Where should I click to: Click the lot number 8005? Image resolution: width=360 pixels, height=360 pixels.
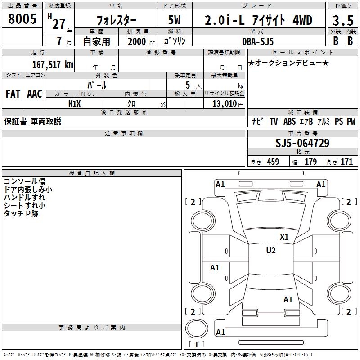point(22,19)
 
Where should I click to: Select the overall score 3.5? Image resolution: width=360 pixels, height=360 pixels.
point(342,21)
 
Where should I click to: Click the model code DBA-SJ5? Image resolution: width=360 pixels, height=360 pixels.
point(258,41)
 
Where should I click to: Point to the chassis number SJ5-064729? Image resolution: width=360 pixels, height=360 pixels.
point(302,143)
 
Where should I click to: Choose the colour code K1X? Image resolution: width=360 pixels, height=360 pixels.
point(75,103)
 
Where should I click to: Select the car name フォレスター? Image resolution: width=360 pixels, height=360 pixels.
point(115,21)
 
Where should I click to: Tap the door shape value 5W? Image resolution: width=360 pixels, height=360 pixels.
point(175,21)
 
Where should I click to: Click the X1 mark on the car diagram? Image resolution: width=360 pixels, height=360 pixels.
point(284,237)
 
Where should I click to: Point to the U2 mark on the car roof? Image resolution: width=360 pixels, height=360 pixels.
point(270,251)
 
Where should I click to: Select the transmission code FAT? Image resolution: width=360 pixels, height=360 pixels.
point(13,94)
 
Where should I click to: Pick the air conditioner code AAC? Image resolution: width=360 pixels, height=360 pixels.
point(35,94)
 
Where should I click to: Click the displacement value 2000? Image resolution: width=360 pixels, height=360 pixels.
point(137,41)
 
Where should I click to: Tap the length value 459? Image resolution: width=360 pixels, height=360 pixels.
point(272,162)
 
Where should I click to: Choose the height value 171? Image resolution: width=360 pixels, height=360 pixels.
point(346,162)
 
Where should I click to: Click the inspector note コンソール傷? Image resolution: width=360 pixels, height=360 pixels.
point(24,181)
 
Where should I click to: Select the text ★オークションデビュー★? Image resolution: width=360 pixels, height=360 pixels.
point(288,63)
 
